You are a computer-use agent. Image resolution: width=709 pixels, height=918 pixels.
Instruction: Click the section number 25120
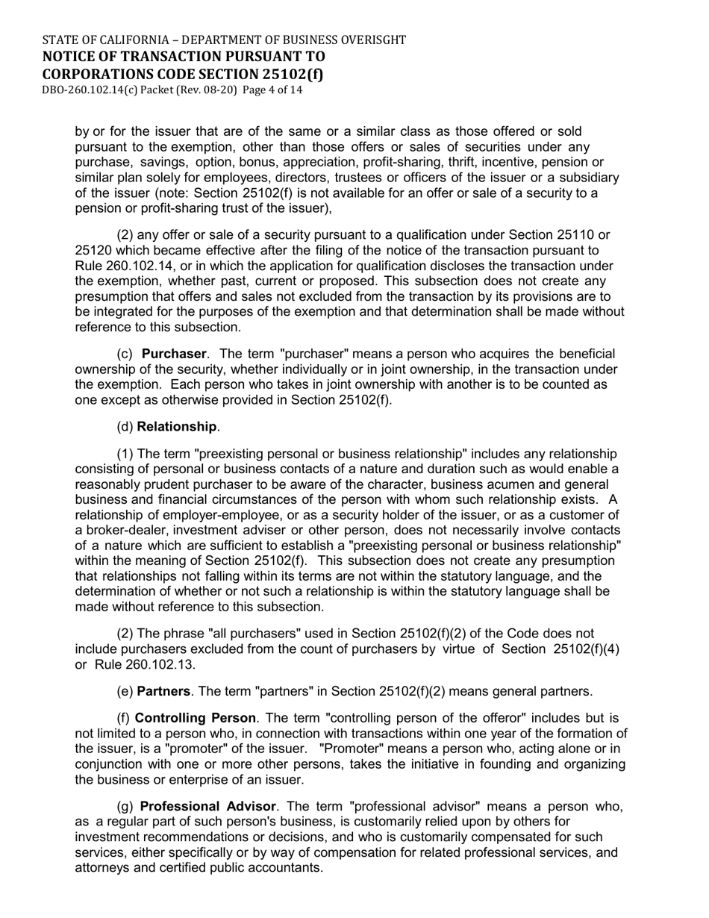click(94, 251)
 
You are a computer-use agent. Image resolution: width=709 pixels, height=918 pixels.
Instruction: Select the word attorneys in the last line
click(104, 868)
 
